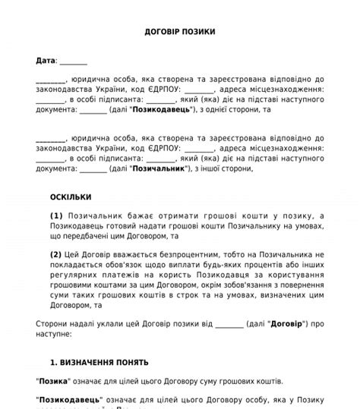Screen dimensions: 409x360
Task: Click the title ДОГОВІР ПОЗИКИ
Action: pos(179,32)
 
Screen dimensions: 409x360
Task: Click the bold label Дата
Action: pos(45,60)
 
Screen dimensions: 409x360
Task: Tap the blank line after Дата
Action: pos(73,61)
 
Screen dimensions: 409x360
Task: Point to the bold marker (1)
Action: pos(57,216)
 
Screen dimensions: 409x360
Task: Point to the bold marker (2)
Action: pos(57,254)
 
